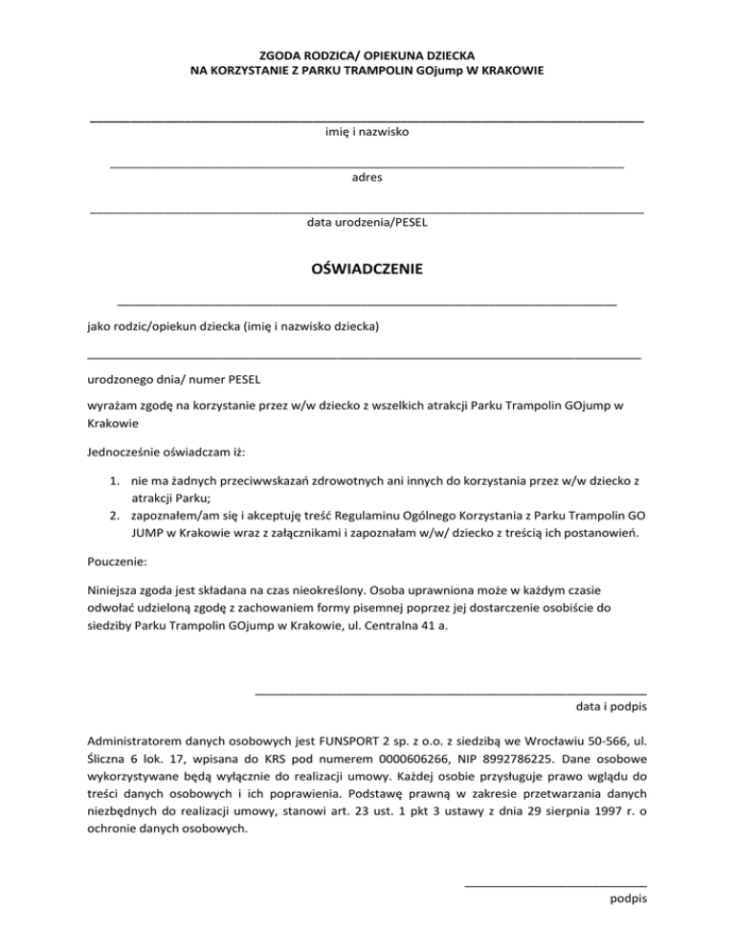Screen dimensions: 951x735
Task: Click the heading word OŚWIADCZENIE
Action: click(x=367, y=270)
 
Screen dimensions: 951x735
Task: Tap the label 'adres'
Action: click(x=367, y=177)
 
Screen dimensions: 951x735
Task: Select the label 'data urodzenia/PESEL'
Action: click(x=367, y=223)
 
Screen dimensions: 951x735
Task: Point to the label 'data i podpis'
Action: click(x=611, y=707)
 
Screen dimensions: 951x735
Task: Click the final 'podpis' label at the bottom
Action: click(x=628, y=898)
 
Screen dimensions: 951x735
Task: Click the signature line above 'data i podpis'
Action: click(x=451, y=691)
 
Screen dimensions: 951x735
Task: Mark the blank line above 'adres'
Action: click(x=367, y=166)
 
